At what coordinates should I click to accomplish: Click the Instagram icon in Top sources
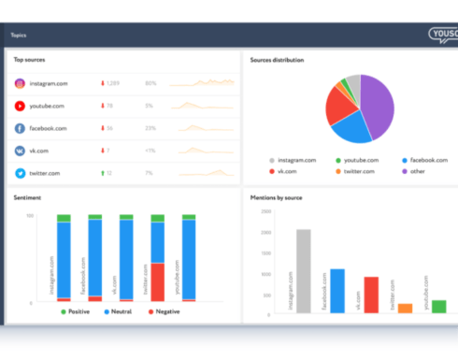pyautogui.click(x=19, y=83)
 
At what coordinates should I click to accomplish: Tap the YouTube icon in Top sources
pyautogui.click(x=19, y=106)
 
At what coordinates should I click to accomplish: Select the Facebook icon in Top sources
pyautogui.click(x=19, y=128)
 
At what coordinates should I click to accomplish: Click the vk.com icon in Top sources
pyautogui.click(x=19, y=151)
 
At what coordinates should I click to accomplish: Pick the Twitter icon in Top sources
pyautogui.click(x=19, y=173)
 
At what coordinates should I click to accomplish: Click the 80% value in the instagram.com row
pyautogui.click(x=150, y=83)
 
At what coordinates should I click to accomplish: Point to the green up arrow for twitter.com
pyautogui.click(x=102, y=173)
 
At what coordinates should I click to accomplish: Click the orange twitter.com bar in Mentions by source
pyautogui.click(x=405, y=308)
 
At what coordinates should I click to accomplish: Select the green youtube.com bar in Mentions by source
pyautogui.click(x=438, y=306)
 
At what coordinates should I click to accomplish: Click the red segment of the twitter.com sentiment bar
pyautogui.click(x=157, y=281)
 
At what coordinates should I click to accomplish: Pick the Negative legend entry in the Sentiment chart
pyautogui.click(x=165, y=311)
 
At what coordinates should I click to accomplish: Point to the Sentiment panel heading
pyautogui.click(x=26, y=198)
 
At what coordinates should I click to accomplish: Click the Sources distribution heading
pyautogui.click(x=277, y=60)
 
